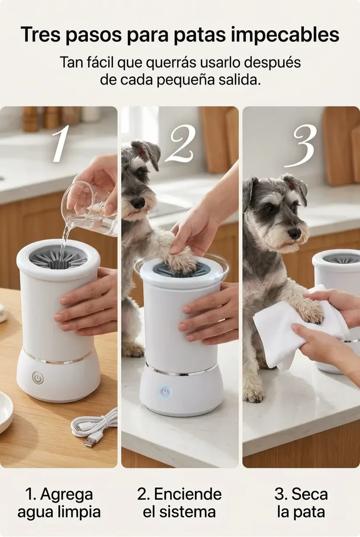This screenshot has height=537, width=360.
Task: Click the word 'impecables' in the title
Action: click(x=284, y=35)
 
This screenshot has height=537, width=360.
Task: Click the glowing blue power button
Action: click(x=165, y=391)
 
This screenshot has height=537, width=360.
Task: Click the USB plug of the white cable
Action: click(x=91, y=439)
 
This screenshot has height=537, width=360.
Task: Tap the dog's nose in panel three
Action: click(x=294, y=233)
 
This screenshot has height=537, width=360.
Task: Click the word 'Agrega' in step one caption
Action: click(x=66, y=495)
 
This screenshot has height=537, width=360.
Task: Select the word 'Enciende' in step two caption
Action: click(x=188, y=494)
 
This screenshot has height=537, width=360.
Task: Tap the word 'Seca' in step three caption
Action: click(x=310, y=494)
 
